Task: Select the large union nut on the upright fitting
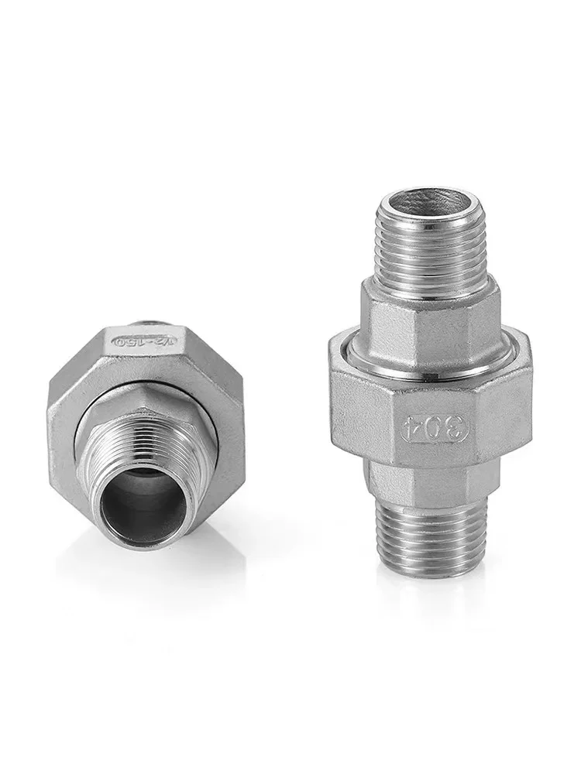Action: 364,402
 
